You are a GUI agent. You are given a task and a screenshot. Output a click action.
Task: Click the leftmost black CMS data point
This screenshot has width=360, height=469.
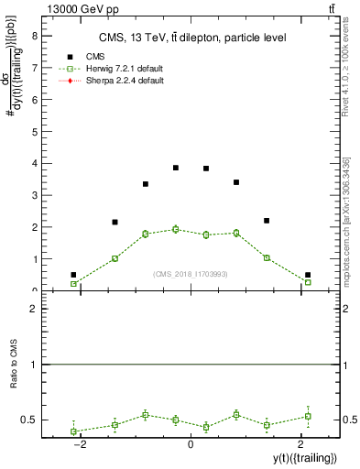73,275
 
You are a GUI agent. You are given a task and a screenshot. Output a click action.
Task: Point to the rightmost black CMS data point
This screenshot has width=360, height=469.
308,275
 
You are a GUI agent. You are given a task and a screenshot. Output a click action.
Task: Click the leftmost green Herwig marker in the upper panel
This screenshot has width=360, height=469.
73,284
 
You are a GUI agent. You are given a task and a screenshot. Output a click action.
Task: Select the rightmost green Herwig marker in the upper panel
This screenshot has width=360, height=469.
308,282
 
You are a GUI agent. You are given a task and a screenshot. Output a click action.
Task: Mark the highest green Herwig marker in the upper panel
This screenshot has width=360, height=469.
176,229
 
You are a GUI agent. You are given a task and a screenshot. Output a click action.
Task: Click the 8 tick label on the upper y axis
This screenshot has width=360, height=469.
34,36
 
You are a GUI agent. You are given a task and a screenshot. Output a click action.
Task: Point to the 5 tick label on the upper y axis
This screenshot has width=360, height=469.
34,132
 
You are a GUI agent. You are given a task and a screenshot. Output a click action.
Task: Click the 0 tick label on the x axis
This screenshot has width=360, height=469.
191,444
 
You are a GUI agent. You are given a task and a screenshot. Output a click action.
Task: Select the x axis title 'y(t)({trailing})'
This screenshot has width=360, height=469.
304,457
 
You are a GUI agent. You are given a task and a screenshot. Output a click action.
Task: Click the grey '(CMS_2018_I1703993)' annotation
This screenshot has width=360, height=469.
191,274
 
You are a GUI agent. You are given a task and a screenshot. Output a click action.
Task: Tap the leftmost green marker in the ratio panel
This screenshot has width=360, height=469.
73,431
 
